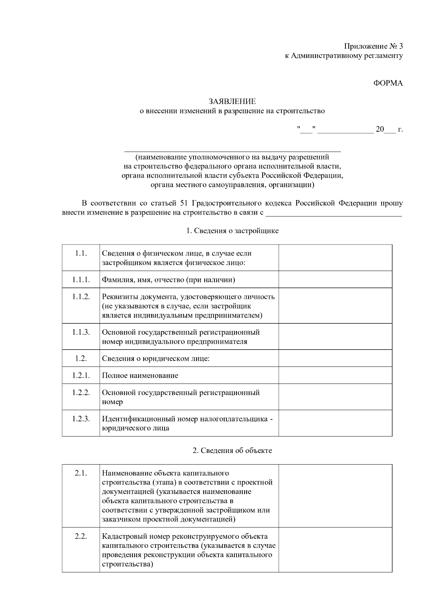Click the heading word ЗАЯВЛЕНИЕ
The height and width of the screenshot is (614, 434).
coord(232,102)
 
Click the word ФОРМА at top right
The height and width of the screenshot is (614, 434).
coord(388,83)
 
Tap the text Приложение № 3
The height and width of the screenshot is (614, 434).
coord(373,46)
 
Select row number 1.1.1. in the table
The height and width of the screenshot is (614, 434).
coord(81,279)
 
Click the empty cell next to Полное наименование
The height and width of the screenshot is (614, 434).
coord(335,375)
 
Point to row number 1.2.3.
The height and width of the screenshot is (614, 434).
coord(81,419)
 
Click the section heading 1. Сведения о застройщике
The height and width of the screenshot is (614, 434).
coord(232,230)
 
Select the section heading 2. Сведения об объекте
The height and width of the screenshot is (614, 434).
coord(232,450)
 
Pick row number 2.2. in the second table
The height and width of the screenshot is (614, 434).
coord(81,536)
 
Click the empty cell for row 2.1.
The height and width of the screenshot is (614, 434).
coord(335,496)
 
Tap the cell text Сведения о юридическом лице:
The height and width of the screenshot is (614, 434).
coord(156,359)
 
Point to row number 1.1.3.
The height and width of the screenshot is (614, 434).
coord(81,332)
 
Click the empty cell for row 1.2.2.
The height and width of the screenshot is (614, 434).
coord(335,397)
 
